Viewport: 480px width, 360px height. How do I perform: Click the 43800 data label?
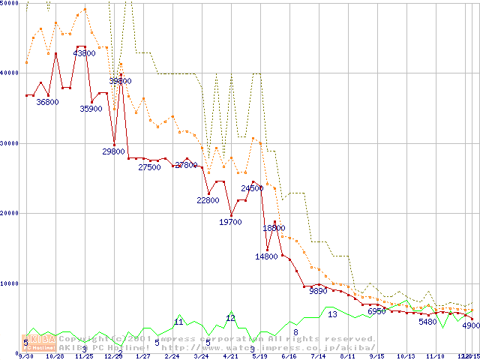coord(84,53)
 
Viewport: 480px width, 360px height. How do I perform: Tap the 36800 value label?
coord(47,102)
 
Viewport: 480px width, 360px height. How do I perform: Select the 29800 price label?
coord(113,151)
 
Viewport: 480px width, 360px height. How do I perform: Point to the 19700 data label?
coord(230,222)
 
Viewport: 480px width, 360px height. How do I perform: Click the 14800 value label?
coord(266,256)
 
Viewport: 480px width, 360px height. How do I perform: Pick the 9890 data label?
coord(318,290)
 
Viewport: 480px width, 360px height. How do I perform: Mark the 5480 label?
coord(427,322)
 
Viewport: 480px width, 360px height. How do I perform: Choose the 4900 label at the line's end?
coord(470,327)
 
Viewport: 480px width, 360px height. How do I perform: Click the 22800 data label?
coord(208,201)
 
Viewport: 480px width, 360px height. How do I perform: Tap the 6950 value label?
coord(376,311)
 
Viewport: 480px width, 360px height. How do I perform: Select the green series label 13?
coord(332,314)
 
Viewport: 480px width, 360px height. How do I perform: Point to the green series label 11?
coord(178,322)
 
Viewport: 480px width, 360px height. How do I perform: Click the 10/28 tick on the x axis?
coord(55,357)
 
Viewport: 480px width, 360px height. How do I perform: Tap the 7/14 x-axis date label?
coord(318,357)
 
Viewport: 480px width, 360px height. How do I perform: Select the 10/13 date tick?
coord(406,357)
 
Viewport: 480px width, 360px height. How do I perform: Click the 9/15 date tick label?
coord(376,357)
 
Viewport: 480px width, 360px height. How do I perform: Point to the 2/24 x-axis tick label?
coord(172,357)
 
